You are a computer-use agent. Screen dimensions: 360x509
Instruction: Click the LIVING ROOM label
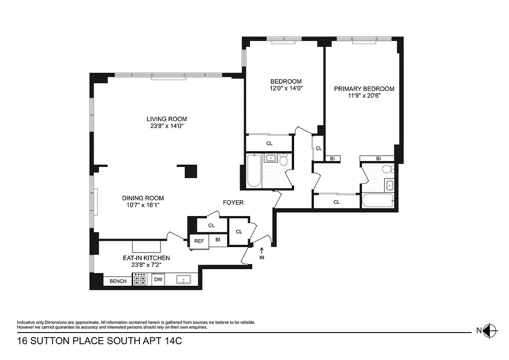166,119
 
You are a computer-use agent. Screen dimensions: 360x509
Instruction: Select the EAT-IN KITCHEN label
146,258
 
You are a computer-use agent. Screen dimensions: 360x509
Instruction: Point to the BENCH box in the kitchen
118,281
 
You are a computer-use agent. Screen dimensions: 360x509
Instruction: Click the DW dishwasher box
158,279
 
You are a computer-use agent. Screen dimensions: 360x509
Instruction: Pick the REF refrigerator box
199,241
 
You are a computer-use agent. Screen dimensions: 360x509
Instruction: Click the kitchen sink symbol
183,280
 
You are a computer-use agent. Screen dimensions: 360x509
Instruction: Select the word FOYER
233,202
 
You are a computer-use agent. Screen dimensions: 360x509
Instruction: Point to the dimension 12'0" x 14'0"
283,89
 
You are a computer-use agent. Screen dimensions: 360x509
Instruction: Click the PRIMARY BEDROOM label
364,89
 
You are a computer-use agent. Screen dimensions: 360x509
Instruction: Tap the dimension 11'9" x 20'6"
364,96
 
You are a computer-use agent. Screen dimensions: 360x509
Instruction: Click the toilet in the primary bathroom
387,170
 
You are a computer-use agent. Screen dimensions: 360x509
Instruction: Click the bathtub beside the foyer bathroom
254,171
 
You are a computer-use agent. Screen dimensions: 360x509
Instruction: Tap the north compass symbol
491,331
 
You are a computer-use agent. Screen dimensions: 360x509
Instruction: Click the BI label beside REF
218,240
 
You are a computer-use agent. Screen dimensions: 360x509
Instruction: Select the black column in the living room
190,171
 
